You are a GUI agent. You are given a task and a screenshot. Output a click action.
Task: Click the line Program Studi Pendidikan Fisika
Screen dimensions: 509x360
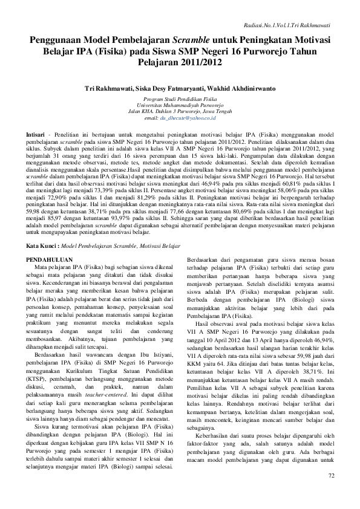coord(180,98)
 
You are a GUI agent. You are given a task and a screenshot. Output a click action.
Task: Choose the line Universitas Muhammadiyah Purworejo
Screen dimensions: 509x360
coord(180,105)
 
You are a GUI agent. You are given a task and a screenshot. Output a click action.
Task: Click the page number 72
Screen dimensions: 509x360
coord(331,494)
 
